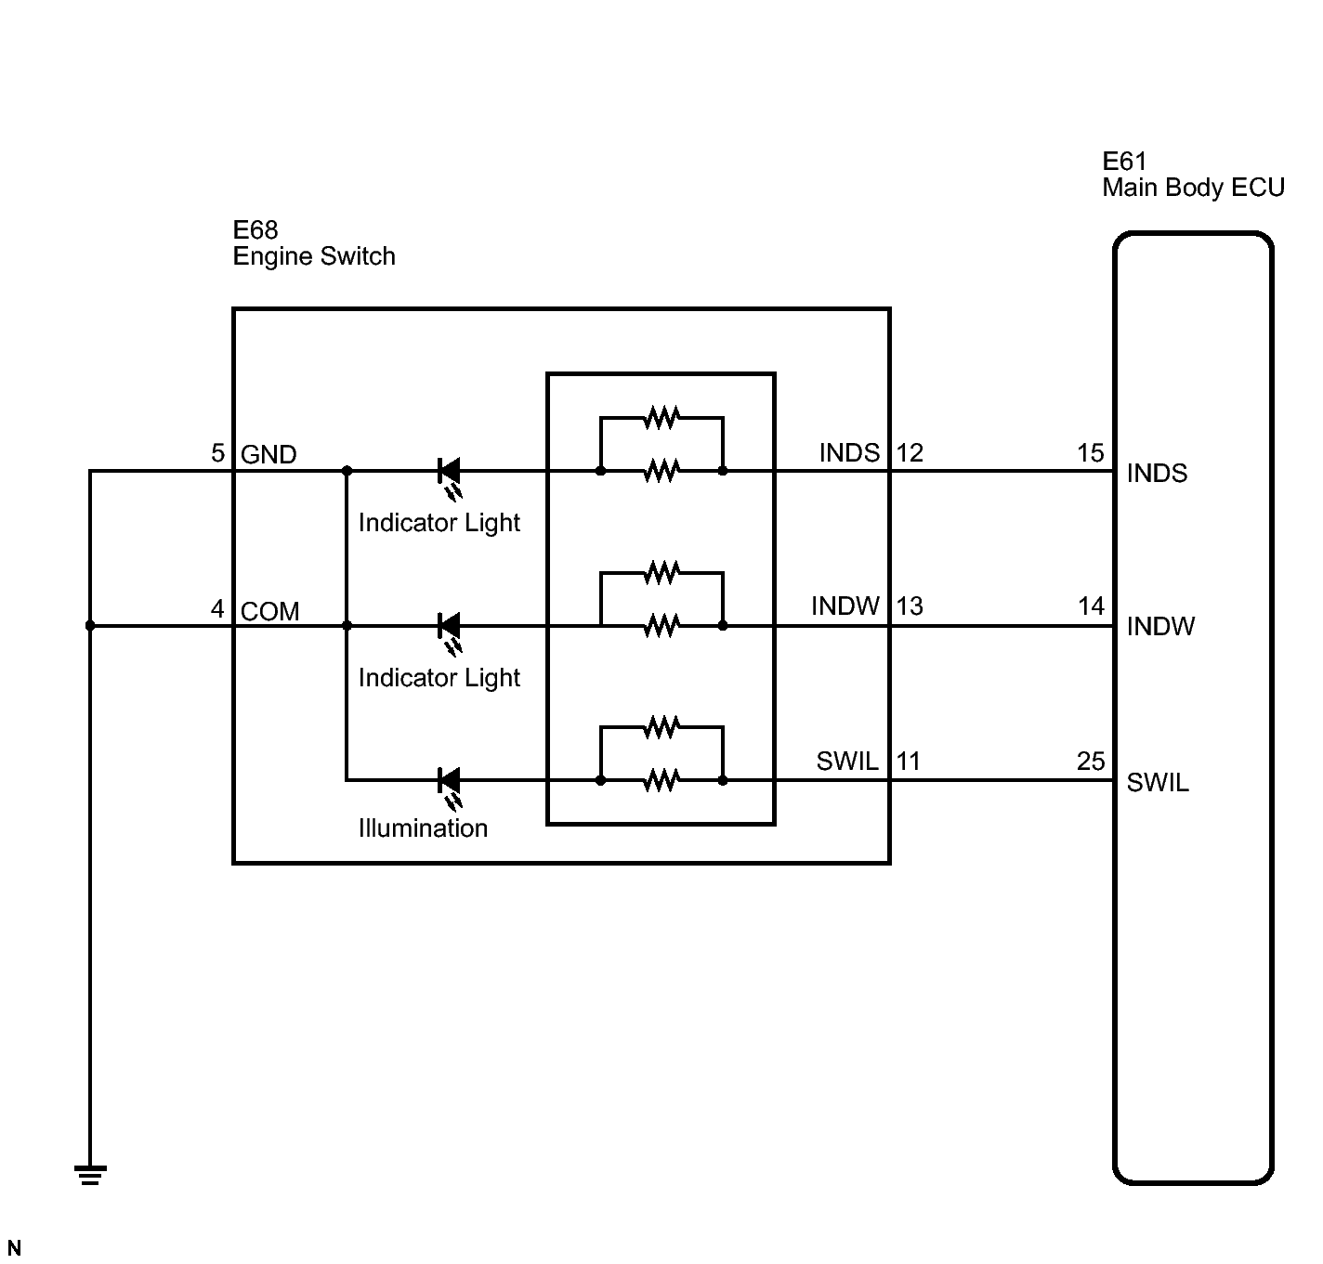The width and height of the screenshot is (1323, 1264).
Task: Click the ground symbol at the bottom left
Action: click(x=90, y=1175)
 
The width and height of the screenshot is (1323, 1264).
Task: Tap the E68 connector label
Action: click(x=255, y=230)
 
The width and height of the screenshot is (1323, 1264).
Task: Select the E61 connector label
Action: click(x=1124, y=162)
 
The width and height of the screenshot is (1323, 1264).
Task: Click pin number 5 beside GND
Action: click(x=217, y=452)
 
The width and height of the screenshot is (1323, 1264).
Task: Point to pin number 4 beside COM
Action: click(x=217, y=609)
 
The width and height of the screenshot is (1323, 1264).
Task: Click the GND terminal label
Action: click(x=269, y=454)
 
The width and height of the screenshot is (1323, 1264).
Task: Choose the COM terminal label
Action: click(x=270, y=611)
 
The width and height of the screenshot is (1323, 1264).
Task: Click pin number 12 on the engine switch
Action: click(x=910, y=452)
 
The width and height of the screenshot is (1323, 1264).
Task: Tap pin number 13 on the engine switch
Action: click(x=910, y=606)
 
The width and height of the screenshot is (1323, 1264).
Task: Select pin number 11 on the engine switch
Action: click(x=909, y=762)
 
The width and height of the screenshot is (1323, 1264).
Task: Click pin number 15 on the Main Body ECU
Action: click(x=1091, y=452)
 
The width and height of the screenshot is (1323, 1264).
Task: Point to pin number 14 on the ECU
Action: click(x=1091, y=606)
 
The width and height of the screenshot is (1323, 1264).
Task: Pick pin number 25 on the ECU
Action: click(x=1091, y=762)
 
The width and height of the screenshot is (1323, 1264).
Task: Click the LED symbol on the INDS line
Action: click(x=450, y=476)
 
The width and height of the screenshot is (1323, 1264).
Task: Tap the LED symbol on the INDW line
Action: click(x=450, y=631)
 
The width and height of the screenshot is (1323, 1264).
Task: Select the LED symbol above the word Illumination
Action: click(x=450, y=787)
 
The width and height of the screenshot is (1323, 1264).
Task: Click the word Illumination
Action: click(x=423, y=828)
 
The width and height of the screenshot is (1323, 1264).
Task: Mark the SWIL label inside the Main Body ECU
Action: click(x=1158, y=783)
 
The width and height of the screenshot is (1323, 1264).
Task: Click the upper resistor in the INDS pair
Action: click(x=661, y=417)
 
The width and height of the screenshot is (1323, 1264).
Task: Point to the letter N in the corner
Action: click(x=14, y=1247)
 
